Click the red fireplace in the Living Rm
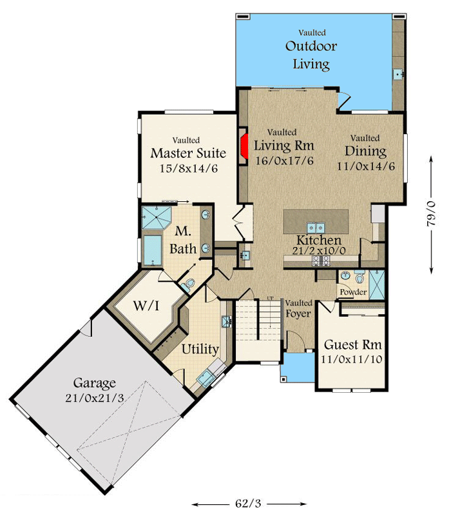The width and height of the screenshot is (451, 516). pos(245,146)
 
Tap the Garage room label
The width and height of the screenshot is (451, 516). pos(94,382)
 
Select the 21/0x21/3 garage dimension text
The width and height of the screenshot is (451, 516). pos(94,398)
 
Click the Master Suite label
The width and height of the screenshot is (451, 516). pos(187,154)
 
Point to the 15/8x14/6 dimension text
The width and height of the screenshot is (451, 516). pos(187,168)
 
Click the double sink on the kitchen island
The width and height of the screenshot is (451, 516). pos(315,227)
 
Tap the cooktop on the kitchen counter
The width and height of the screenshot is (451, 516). pos(320,261)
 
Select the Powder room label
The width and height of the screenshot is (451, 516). pos(354,292)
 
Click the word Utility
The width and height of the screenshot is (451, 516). pos(200,350)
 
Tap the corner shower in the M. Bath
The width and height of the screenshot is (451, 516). pos(154,218)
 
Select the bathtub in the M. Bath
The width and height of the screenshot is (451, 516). pos(153,251)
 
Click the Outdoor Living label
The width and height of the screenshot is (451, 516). pos(311,55)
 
